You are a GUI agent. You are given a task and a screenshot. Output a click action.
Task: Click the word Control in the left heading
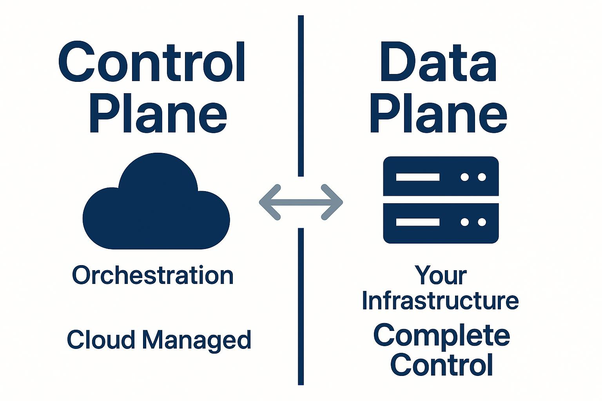pyautogui.click(x=152, y=63)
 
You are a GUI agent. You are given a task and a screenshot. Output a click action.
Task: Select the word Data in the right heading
pyautogui.click(x=438, y=63)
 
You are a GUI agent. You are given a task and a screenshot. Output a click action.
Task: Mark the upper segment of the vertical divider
pyautogui.click(x=301, y=96)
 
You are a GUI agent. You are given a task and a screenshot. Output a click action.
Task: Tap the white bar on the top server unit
pyautogui.click(x=417, y=177)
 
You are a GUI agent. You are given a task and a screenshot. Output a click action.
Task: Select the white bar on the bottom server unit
pyautogui.click(x=417, y=222)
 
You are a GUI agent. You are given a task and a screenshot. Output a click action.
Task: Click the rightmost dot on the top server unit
pyautogui.click(x=482, y=177)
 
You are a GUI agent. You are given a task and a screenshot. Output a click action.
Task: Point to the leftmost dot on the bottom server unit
pyautogui.click(x=465, y=222)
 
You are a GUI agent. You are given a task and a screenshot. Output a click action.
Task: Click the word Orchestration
pyautogui.click(x=153, y=275)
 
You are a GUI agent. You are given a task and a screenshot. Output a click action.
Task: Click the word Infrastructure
pyautogui.click(x=440, y=300)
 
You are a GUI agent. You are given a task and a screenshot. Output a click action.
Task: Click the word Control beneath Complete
pyautogui.click(x=442, y=365)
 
